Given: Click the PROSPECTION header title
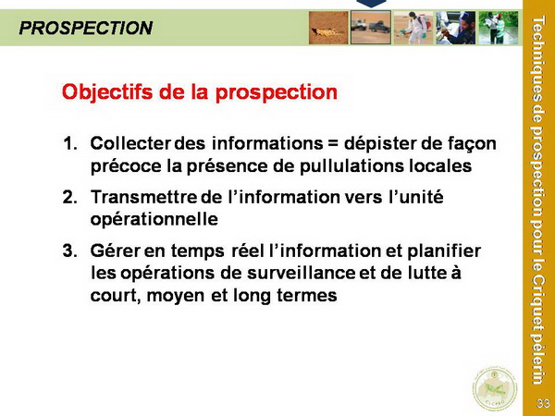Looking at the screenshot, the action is [x=86, y=28].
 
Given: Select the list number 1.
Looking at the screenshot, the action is [x=69, y=143].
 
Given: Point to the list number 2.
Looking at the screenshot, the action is [x=69, y=197].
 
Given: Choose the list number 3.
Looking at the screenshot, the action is [x=69, y=251].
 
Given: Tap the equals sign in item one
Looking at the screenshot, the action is [x=333, y=144].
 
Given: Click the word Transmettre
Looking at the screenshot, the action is [x=143, y=197].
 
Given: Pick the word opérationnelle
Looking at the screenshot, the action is [x=154, y=220].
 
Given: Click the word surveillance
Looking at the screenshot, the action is [x=302, y=273].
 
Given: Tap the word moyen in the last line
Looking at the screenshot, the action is [x=175, y=296].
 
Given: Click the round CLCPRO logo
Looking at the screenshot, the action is [x=495, y=388].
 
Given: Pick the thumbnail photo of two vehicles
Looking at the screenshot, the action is [x=371, y=27].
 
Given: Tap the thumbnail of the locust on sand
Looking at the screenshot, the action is [x=328, y=28].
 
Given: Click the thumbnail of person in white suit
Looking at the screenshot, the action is [x=413, y=28].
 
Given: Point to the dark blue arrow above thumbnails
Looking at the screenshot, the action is [x=371, y=4].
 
